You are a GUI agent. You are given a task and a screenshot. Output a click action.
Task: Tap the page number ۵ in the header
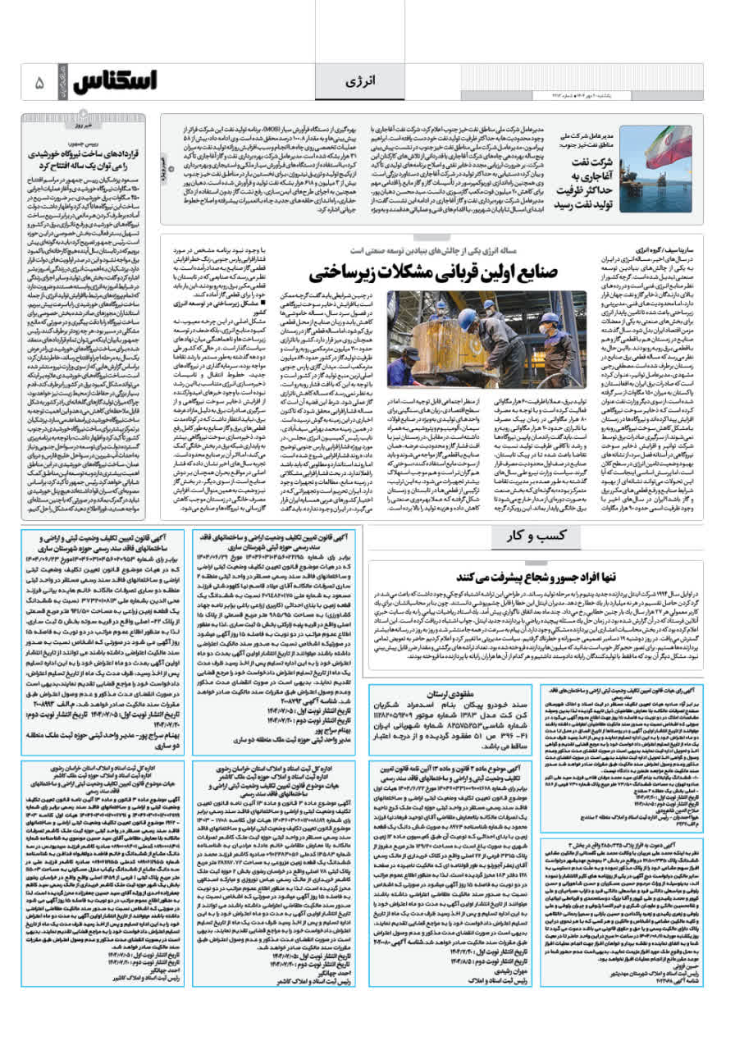click(x=38, y=82)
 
